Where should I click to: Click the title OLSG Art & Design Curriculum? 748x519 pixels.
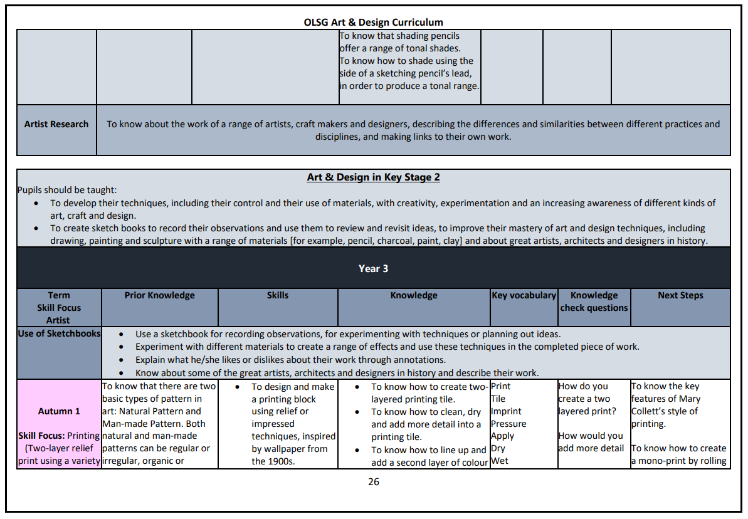tap(373, 23)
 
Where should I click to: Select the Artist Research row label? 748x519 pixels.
tap(56, 124)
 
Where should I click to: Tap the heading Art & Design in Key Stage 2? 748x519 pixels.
tap(373, 177)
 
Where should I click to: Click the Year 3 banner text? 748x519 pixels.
tap(373, 268)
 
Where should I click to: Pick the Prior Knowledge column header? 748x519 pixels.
tap(159, 295)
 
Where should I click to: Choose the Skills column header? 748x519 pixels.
tap(278, 295)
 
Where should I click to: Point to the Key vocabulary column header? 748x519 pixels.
tap(524, 295)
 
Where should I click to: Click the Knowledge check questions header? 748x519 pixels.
tap(594, 301)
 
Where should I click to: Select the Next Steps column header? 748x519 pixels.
tap(680, 295)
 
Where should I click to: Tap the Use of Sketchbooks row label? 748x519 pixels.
tap(59, 333)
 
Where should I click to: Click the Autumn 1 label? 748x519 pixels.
tap(59, 411)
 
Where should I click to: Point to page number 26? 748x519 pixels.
tap(373, 481)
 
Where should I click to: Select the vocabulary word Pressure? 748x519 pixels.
tap(508, 424)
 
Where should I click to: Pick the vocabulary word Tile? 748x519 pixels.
tap(498, 399)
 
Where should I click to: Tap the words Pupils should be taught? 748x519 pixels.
tap(67, 190)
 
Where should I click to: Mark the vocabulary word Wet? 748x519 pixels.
tap(499, 461)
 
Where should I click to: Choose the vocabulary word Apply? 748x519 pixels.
tap(502, 436)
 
